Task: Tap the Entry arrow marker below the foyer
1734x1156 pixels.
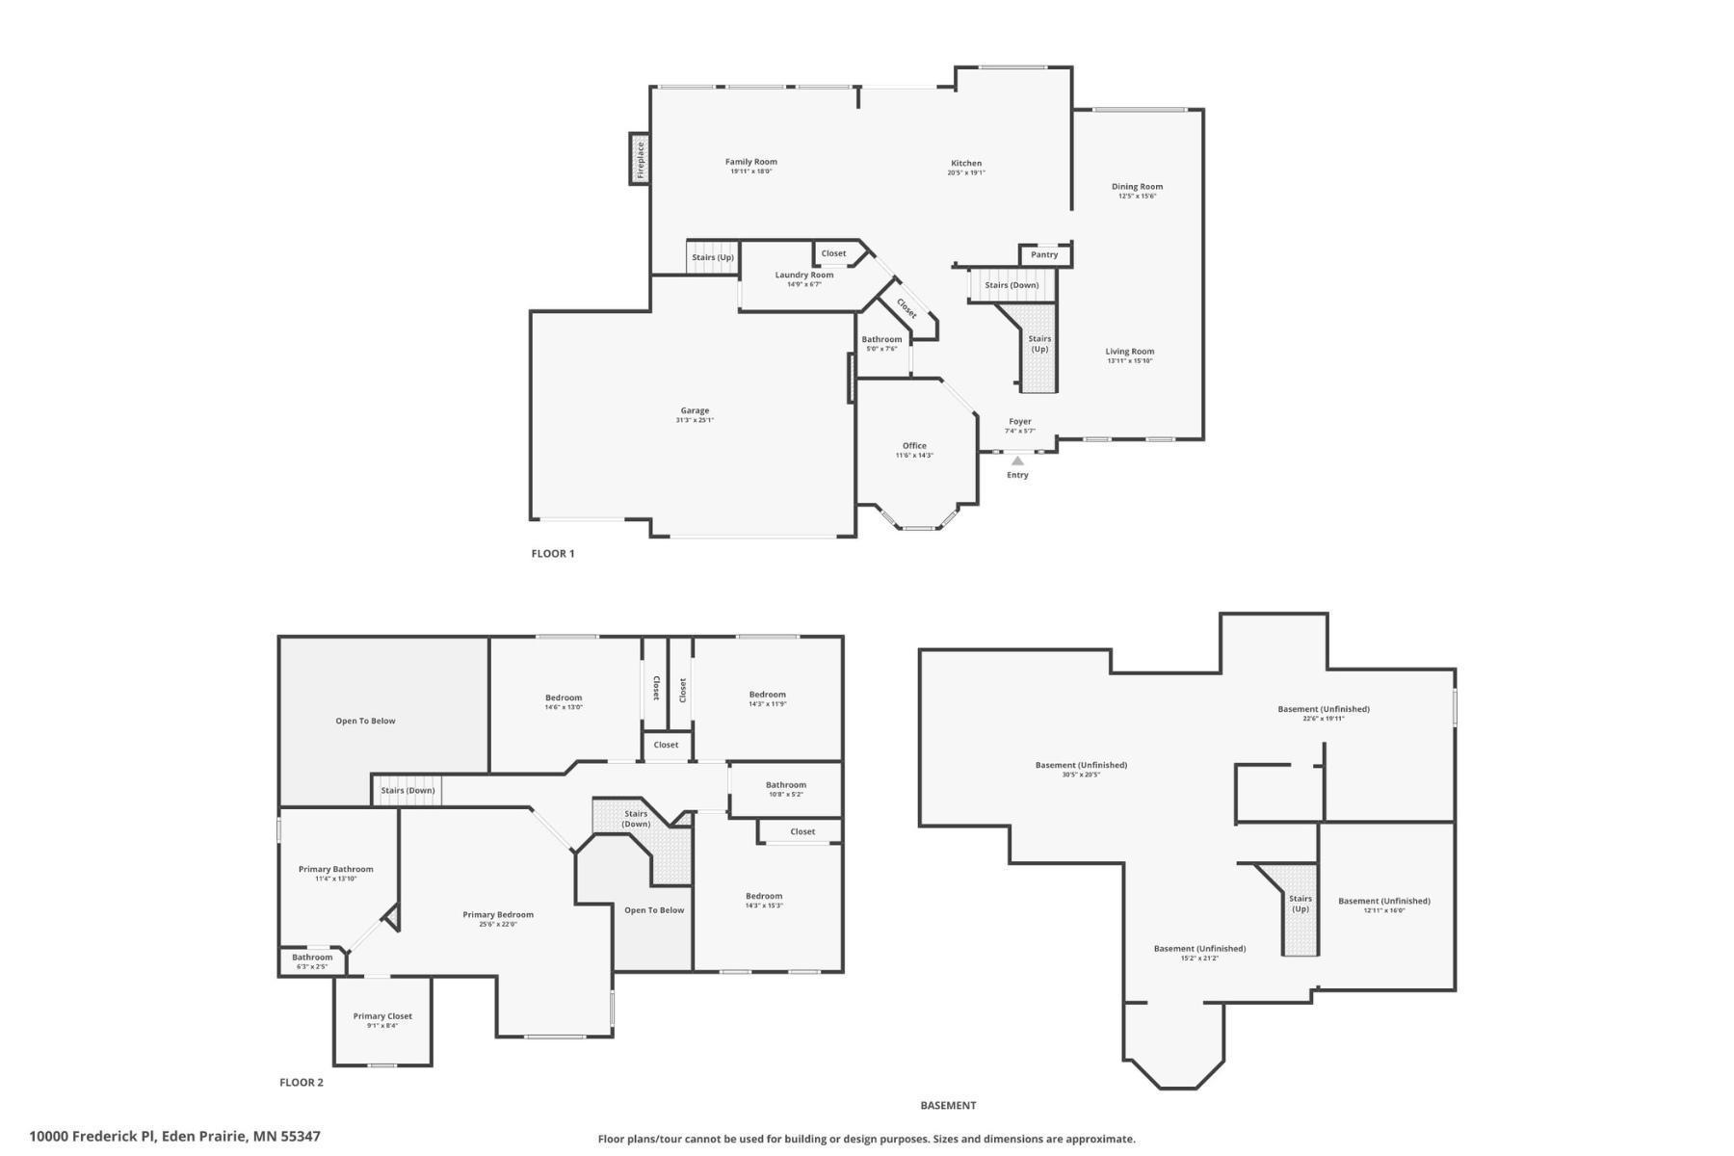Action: click(1017, 461)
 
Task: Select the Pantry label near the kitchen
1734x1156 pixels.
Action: click(1044, 255)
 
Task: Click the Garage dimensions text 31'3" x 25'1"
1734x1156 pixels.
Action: click(695, 420)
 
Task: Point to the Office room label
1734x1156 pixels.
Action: click(914, 446)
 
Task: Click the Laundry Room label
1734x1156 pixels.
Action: click(804, 276)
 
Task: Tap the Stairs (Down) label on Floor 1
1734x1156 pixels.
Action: click(1011, 285)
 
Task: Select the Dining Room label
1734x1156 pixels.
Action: click(1137, 187)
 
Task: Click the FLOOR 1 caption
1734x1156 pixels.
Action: click(553, 554)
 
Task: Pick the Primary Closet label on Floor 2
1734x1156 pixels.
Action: click(382, 1016)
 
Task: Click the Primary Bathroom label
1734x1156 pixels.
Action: click(335, 869)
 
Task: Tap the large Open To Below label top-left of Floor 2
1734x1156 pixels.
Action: click(365, 721)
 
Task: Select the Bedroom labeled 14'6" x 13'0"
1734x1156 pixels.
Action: click(564, 698)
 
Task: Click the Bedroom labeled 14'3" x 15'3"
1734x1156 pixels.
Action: click(764, 896)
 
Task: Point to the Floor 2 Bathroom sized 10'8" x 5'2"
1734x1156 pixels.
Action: click(786, 785)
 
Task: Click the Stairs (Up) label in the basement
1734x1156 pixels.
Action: click(1300, 904)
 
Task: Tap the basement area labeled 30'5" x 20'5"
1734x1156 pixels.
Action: click(1081, 766)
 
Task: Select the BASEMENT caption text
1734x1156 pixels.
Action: click(948, 1106)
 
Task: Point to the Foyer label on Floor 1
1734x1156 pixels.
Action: click(1020, 422)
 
